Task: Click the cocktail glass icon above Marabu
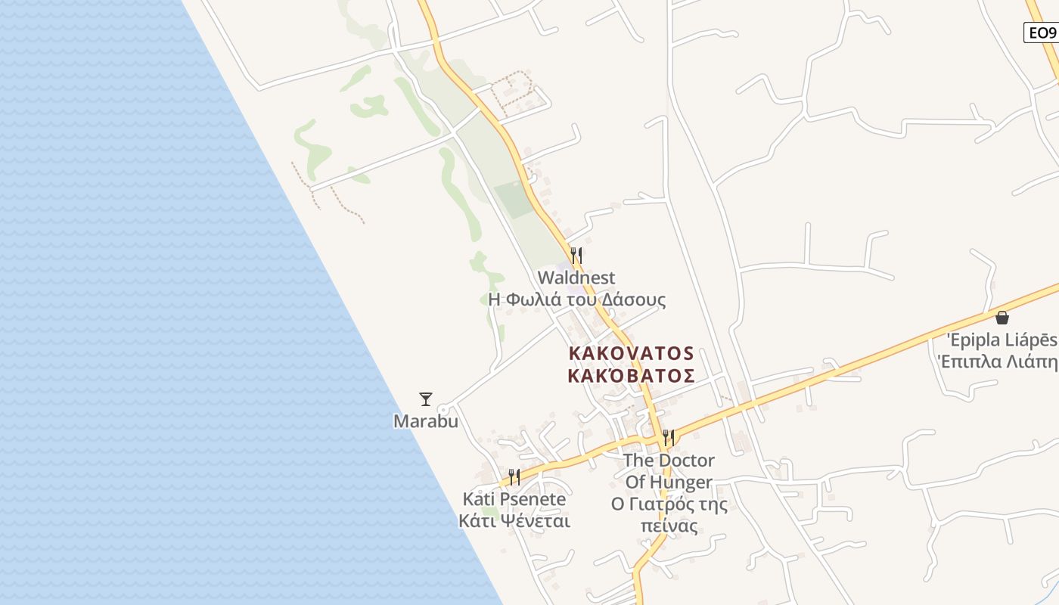(x=426, y=399)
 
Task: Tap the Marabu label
(x=426, y=421)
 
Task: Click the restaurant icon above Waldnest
(x=576, y=255)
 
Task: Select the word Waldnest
(x=576, y=278)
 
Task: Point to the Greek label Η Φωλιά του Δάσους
(x=577, y=299)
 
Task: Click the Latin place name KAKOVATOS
(x=631, y=353)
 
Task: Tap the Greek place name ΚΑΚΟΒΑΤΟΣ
(x=631, y=376)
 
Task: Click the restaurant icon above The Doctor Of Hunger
(x=669, y=437)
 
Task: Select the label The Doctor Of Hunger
(x=669, y=470)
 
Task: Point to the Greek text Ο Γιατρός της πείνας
(x=669, y=515)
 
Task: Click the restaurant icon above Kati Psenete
(x=514, y=476)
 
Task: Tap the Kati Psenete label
(x=514, y=499)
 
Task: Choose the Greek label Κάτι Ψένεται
(x=514, y=521)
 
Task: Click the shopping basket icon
(x=1002, y=317)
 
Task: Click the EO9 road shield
(x=1040, y=33)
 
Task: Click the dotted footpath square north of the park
(x=512, y=90)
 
